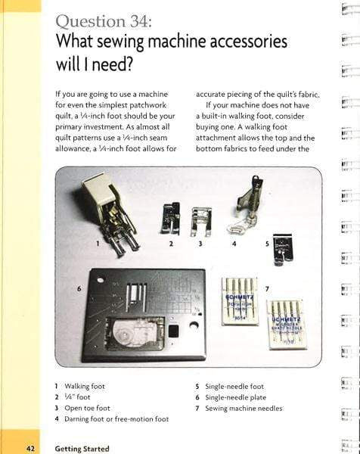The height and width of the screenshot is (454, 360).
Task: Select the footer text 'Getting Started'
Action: pos(82,449)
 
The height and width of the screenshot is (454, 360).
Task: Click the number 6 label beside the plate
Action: pos(79,288)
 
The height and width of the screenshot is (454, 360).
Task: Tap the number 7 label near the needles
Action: pos(266,288)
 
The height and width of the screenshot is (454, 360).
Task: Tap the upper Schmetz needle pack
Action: pos(240,301)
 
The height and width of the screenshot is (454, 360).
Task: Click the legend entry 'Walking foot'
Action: pos(84,386)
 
